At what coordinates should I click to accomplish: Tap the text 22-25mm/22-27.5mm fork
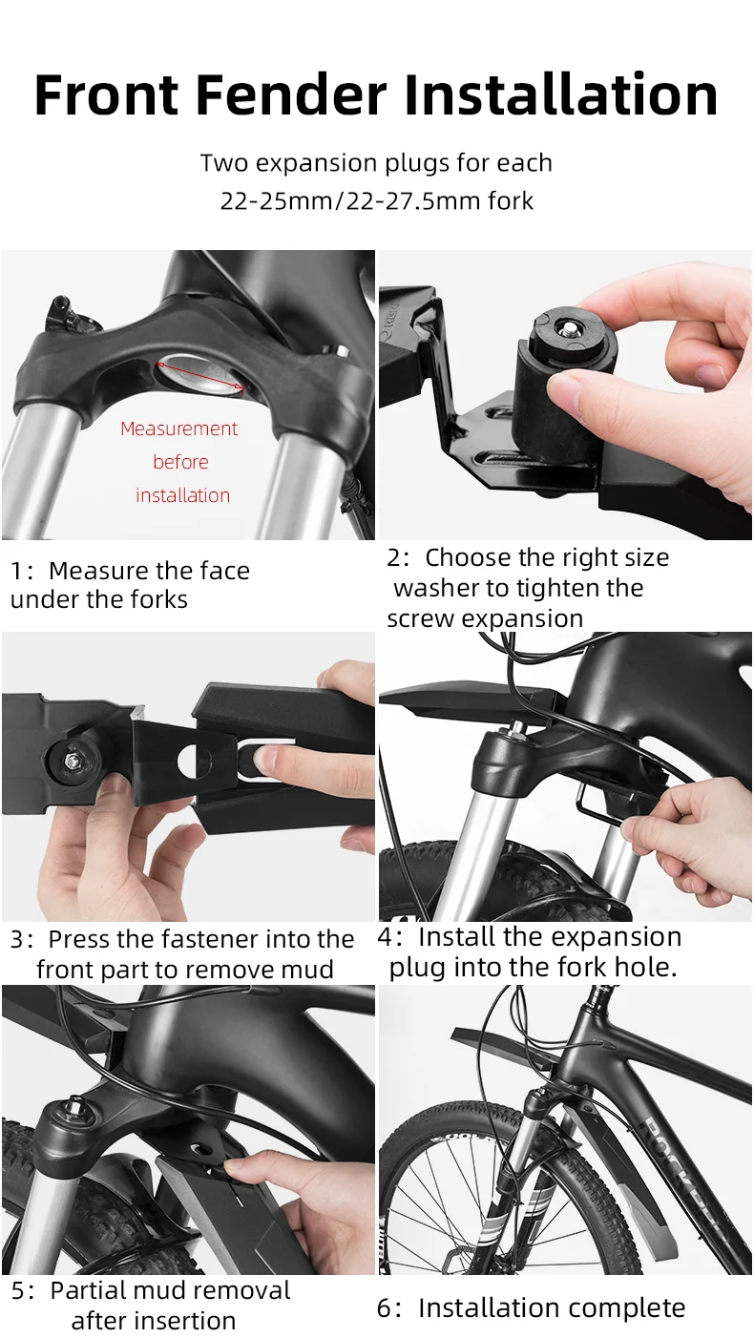coord(376,201)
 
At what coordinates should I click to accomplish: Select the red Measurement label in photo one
coord(178,429)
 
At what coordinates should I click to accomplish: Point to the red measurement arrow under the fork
coord(201,375)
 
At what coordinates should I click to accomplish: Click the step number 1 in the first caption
coord(16,572)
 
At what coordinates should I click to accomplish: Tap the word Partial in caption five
coord(89,1291)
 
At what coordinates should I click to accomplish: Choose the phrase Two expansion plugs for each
coord(376,163)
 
